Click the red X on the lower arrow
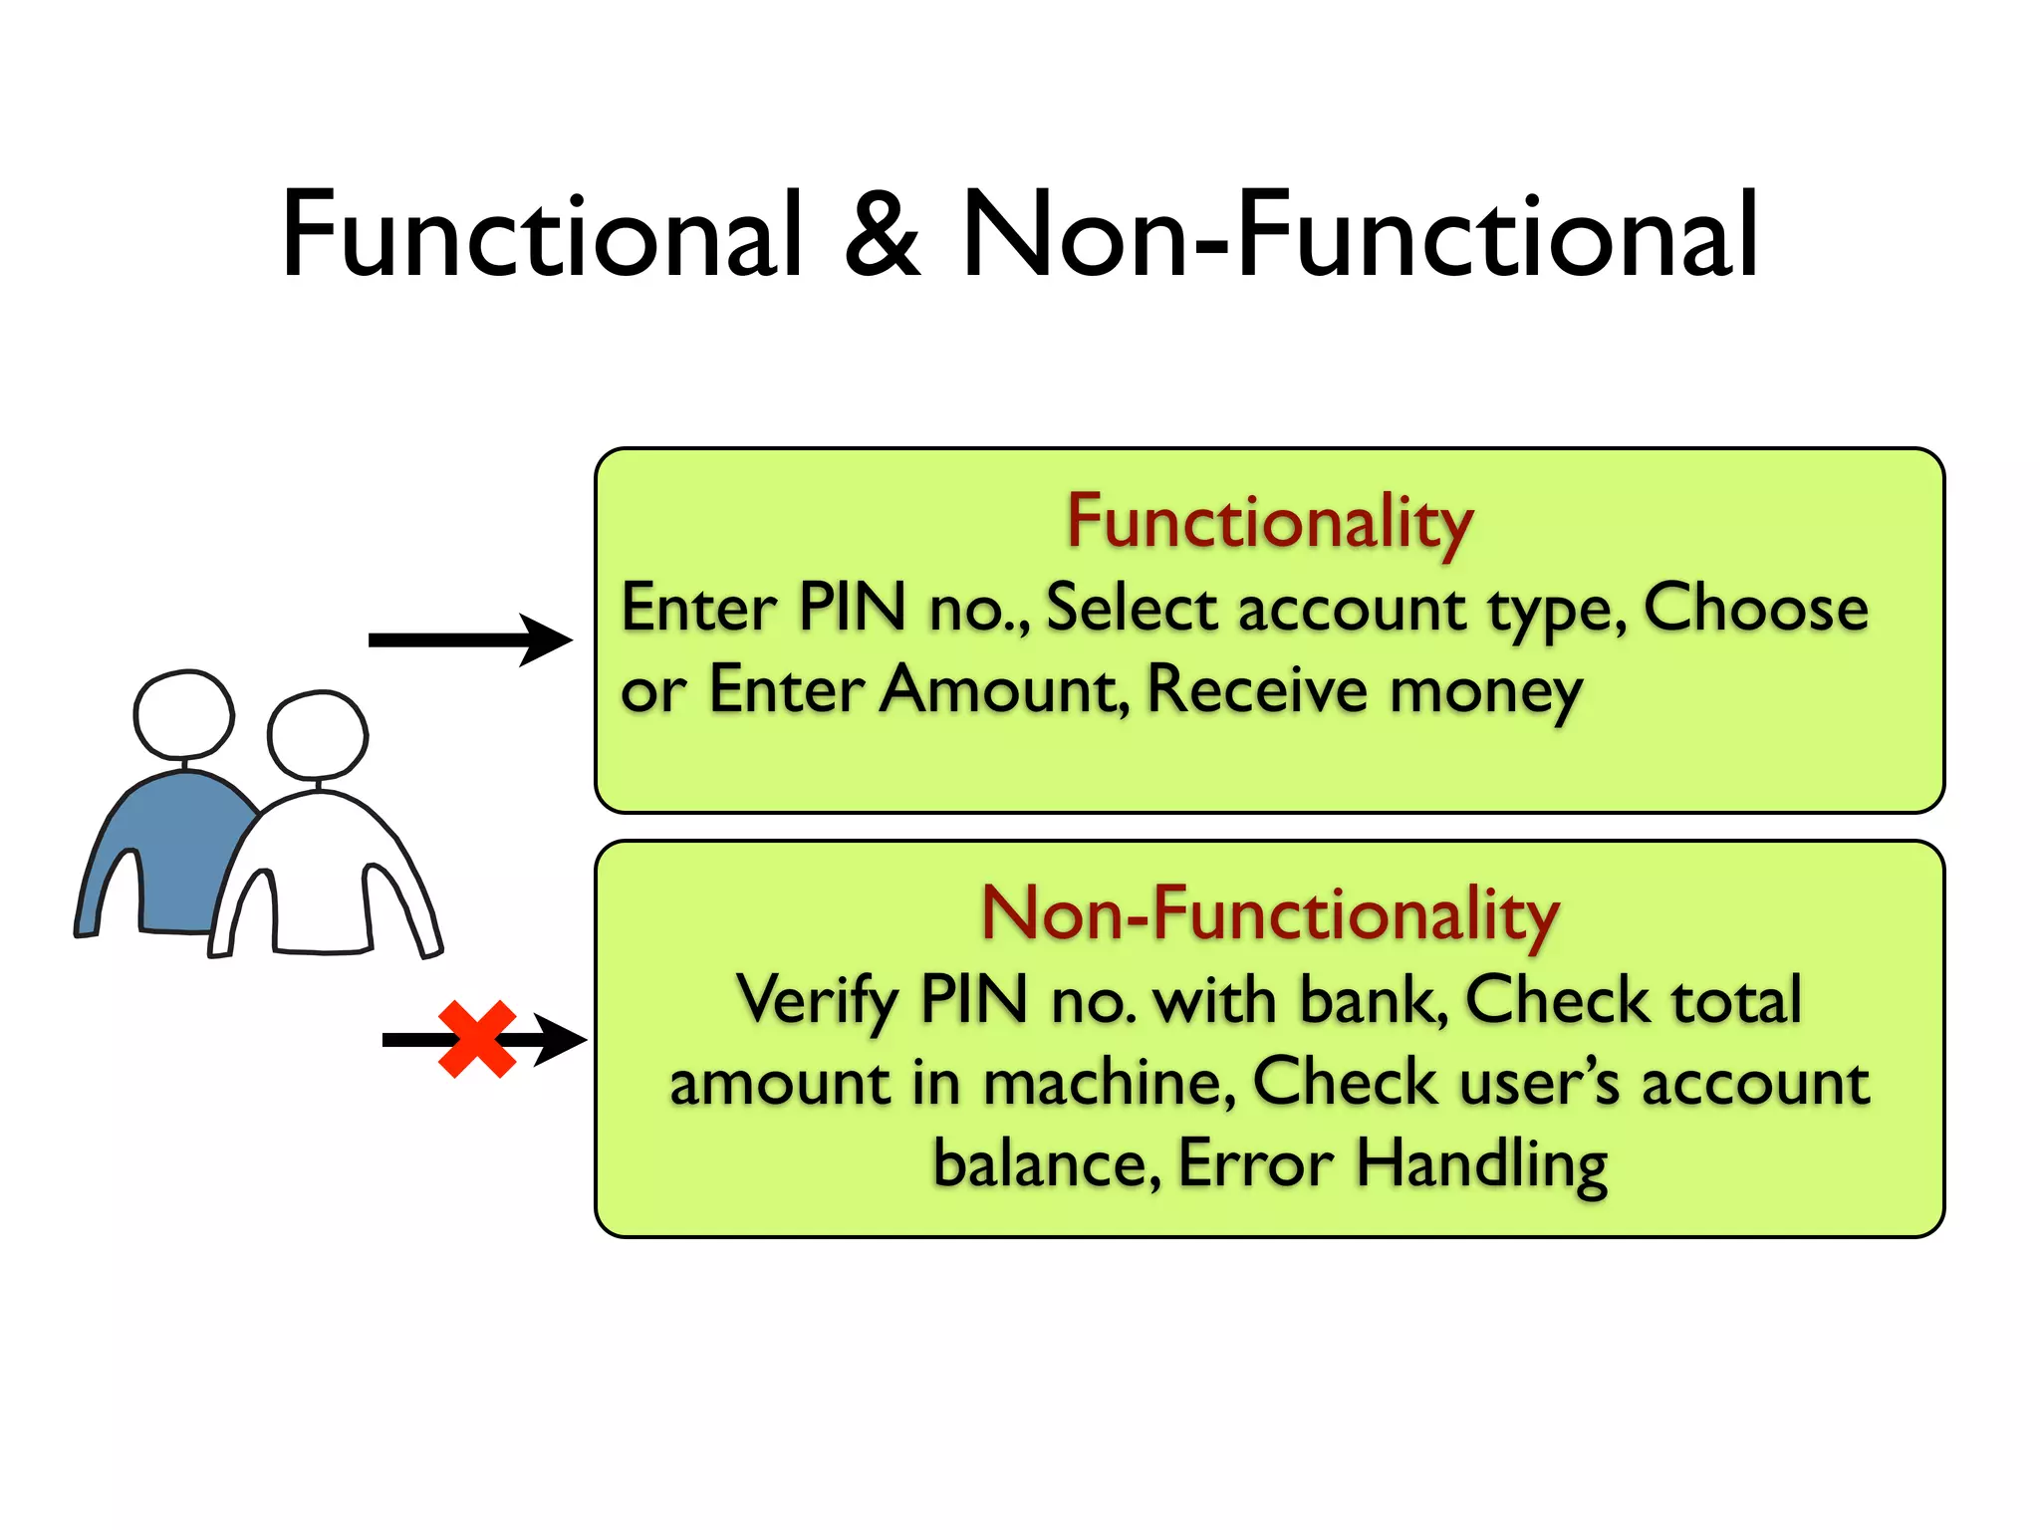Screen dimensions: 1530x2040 tap(477, 1039)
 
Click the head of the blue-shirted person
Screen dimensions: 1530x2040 tap(184, 714)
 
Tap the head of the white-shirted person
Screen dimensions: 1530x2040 tap(318, 735)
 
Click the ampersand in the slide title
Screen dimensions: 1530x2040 tap(883, 234)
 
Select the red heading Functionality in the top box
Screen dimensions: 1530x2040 tap(1269, 523)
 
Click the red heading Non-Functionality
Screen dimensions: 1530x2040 tap(1269, 913)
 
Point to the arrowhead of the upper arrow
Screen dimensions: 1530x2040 tap(548, 639)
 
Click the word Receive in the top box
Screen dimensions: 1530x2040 tap(1257, 689)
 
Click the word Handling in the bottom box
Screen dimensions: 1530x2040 tap(1481, 1164)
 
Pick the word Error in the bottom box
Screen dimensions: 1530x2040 tap(1255, 1162)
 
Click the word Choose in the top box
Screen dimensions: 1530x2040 tap(1755, 607)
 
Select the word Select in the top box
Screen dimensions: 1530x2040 tap(1132, 607)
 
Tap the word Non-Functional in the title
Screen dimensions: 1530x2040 tap(1361, 234)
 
